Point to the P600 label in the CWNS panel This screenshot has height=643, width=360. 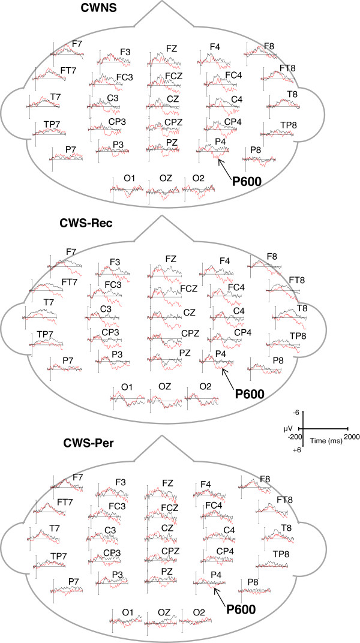247,179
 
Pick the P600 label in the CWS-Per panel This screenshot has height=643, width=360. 241,609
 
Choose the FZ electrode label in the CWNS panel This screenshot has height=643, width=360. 172,47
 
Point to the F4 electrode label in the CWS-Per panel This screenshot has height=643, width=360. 205,484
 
